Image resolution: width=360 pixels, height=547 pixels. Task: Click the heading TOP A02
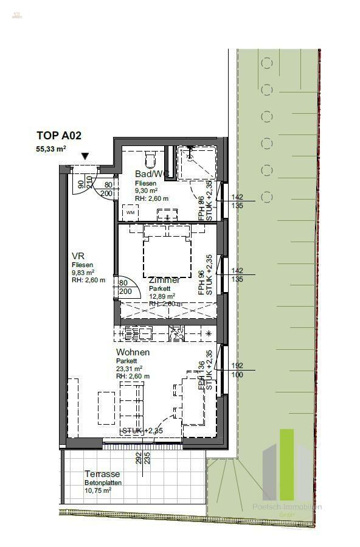click(58, 136)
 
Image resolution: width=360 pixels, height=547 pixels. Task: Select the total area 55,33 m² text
click(51, 148)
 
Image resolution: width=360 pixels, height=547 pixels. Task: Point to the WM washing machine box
click(131, 212)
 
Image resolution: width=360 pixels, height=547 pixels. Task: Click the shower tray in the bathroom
click(196, 162)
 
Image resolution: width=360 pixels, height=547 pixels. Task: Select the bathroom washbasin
click(167, 214)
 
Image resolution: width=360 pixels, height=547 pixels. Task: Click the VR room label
click(77, 256)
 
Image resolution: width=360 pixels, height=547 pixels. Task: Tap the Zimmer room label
click(164, 280)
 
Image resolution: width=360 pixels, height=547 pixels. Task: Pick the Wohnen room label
click(133, 352)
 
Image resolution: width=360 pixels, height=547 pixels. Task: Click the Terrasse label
click(102, 474)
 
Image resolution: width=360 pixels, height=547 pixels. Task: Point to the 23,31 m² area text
click(129, 369)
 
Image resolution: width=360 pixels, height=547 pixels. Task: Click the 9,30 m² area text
click(147, 190)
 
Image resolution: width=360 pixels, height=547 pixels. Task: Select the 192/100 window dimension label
click(237, 369)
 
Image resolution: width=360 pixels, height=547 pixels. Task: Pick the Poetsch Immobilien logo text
click(287, 507)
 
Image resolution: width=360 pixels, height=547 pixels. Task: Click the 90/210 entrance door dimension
click(85, 182)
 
